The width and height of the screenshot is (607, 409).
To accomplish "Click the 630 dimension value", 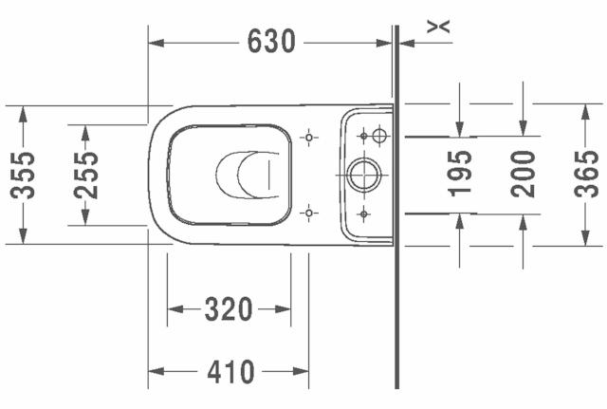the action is pyautogui.click(x=271, y=41).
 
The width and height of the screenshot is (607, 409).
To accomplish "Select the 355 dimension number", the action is pyautogui.click(x=23, y=175).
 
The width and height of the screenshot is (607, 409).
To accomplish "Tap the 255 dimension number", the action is pyautogui.click(x=86, y=175).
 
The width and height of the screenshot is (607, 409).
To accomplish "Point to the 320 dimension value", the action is pyautogui.click(x=229, y=309).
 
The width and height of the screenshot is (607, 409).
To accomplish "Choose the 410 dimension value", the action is pyautogui.click(x=230, y=371).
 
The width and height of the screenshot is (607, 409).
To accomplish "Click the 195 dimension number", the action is pyautogui.click(x=460, y=174).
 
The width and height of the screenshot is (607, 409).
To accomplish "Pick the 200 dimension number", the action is pyautogui.click(x=523, y=174).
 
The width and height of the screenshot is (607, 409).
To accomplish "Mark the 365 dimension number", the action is pyautogui.click(x=586, y=174).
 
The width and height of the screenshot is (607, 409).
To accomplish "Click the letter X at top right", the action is pyautogui.click(x=438, y=27).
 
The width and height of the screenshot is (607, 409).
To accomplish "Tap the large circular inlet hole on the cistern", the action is pyautogui.click(x=364, y=175).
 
